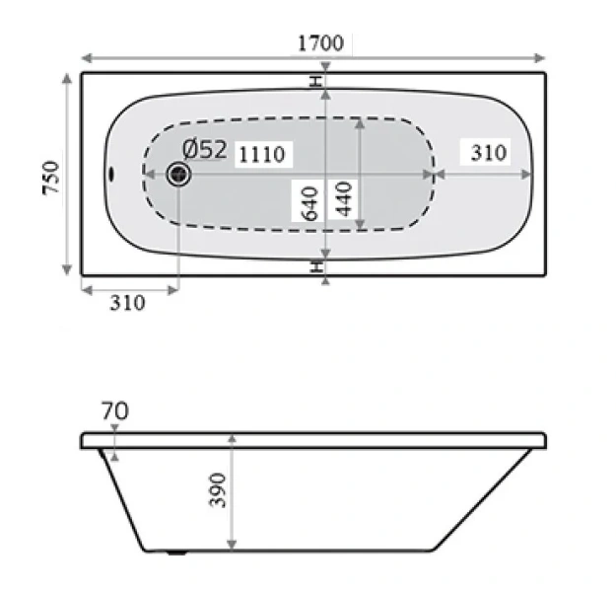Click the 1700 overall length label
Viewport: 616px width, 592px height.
(x=319, y=43)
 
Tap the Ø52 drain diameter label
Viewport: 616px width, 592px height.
(x=206, y=150)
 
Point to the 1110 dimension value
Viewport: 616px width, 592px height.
(x=260, y=154)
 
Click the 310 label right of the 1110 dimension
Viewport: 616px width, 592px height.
(x=488, y=152)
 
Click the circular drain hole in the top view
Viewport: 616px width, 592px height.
(x=178, y=175)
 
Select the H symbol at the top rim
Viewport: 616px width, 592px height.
(x=316, y=81)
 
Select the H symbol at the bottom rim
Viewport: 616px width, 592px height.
(x=316, y=266)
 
